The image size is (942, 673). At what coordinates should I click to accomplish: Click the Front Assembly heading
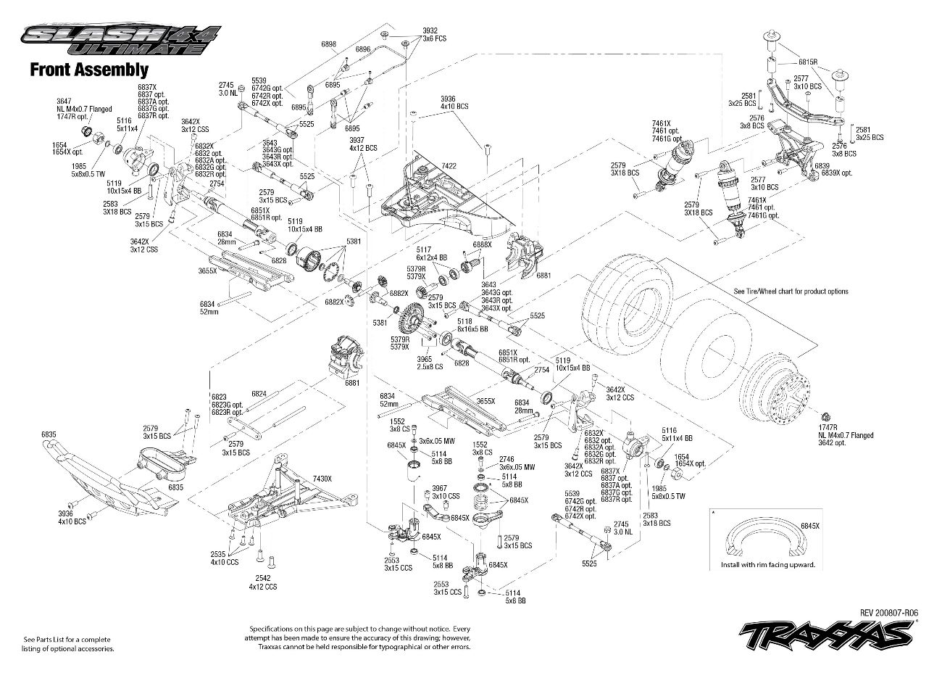(x=88, y=70)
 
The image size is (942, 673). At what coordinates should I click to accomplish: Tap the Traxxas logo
(x=827, y=635)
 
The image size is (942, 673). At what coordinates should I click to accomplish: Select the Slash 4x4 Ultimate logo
(x=120, y=41)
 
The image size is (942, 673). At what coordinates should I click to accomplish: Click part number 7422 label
(x=449, y=165)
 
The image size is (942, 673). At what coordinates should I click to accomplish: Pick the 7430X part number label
(x=322, y=479)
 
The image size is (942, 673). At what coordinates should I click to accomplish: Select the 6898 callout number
(x=328, y=44)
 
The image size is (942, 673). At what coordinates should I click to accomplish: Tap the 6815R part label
(x=808, y=62)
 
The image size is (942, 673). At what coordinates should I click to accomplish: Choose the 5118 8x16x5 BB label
(x=472, y=324)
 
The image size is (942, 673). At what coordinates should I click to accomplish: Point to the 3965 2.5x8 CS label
(x=430, y=363)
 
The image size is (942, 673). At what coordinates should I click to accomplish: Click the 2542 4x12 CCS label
(x=263, y=582)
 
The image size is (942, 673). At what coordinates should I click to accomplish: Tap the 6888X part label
(x=483, y=245)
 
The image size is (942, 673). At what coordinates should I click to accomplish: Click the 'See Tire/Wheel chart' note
(x=791, y=292)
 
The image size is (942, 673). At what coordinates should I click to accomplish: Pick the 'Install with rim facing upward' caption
(x=767, y=564)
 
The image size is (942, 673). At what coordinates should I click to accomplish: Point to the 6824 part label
(x=259, y=394)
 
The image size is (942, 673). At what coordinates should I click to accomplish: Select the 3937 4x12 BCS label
(x=363, y=144)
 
